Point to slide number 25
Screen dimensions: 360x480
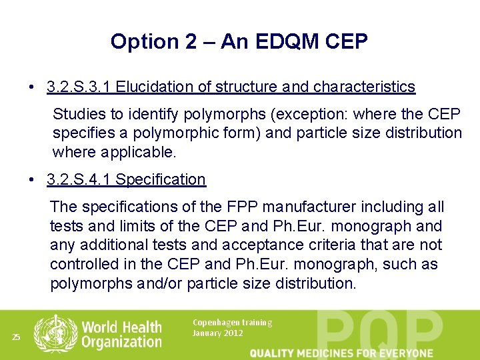(x=16, y=337)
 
